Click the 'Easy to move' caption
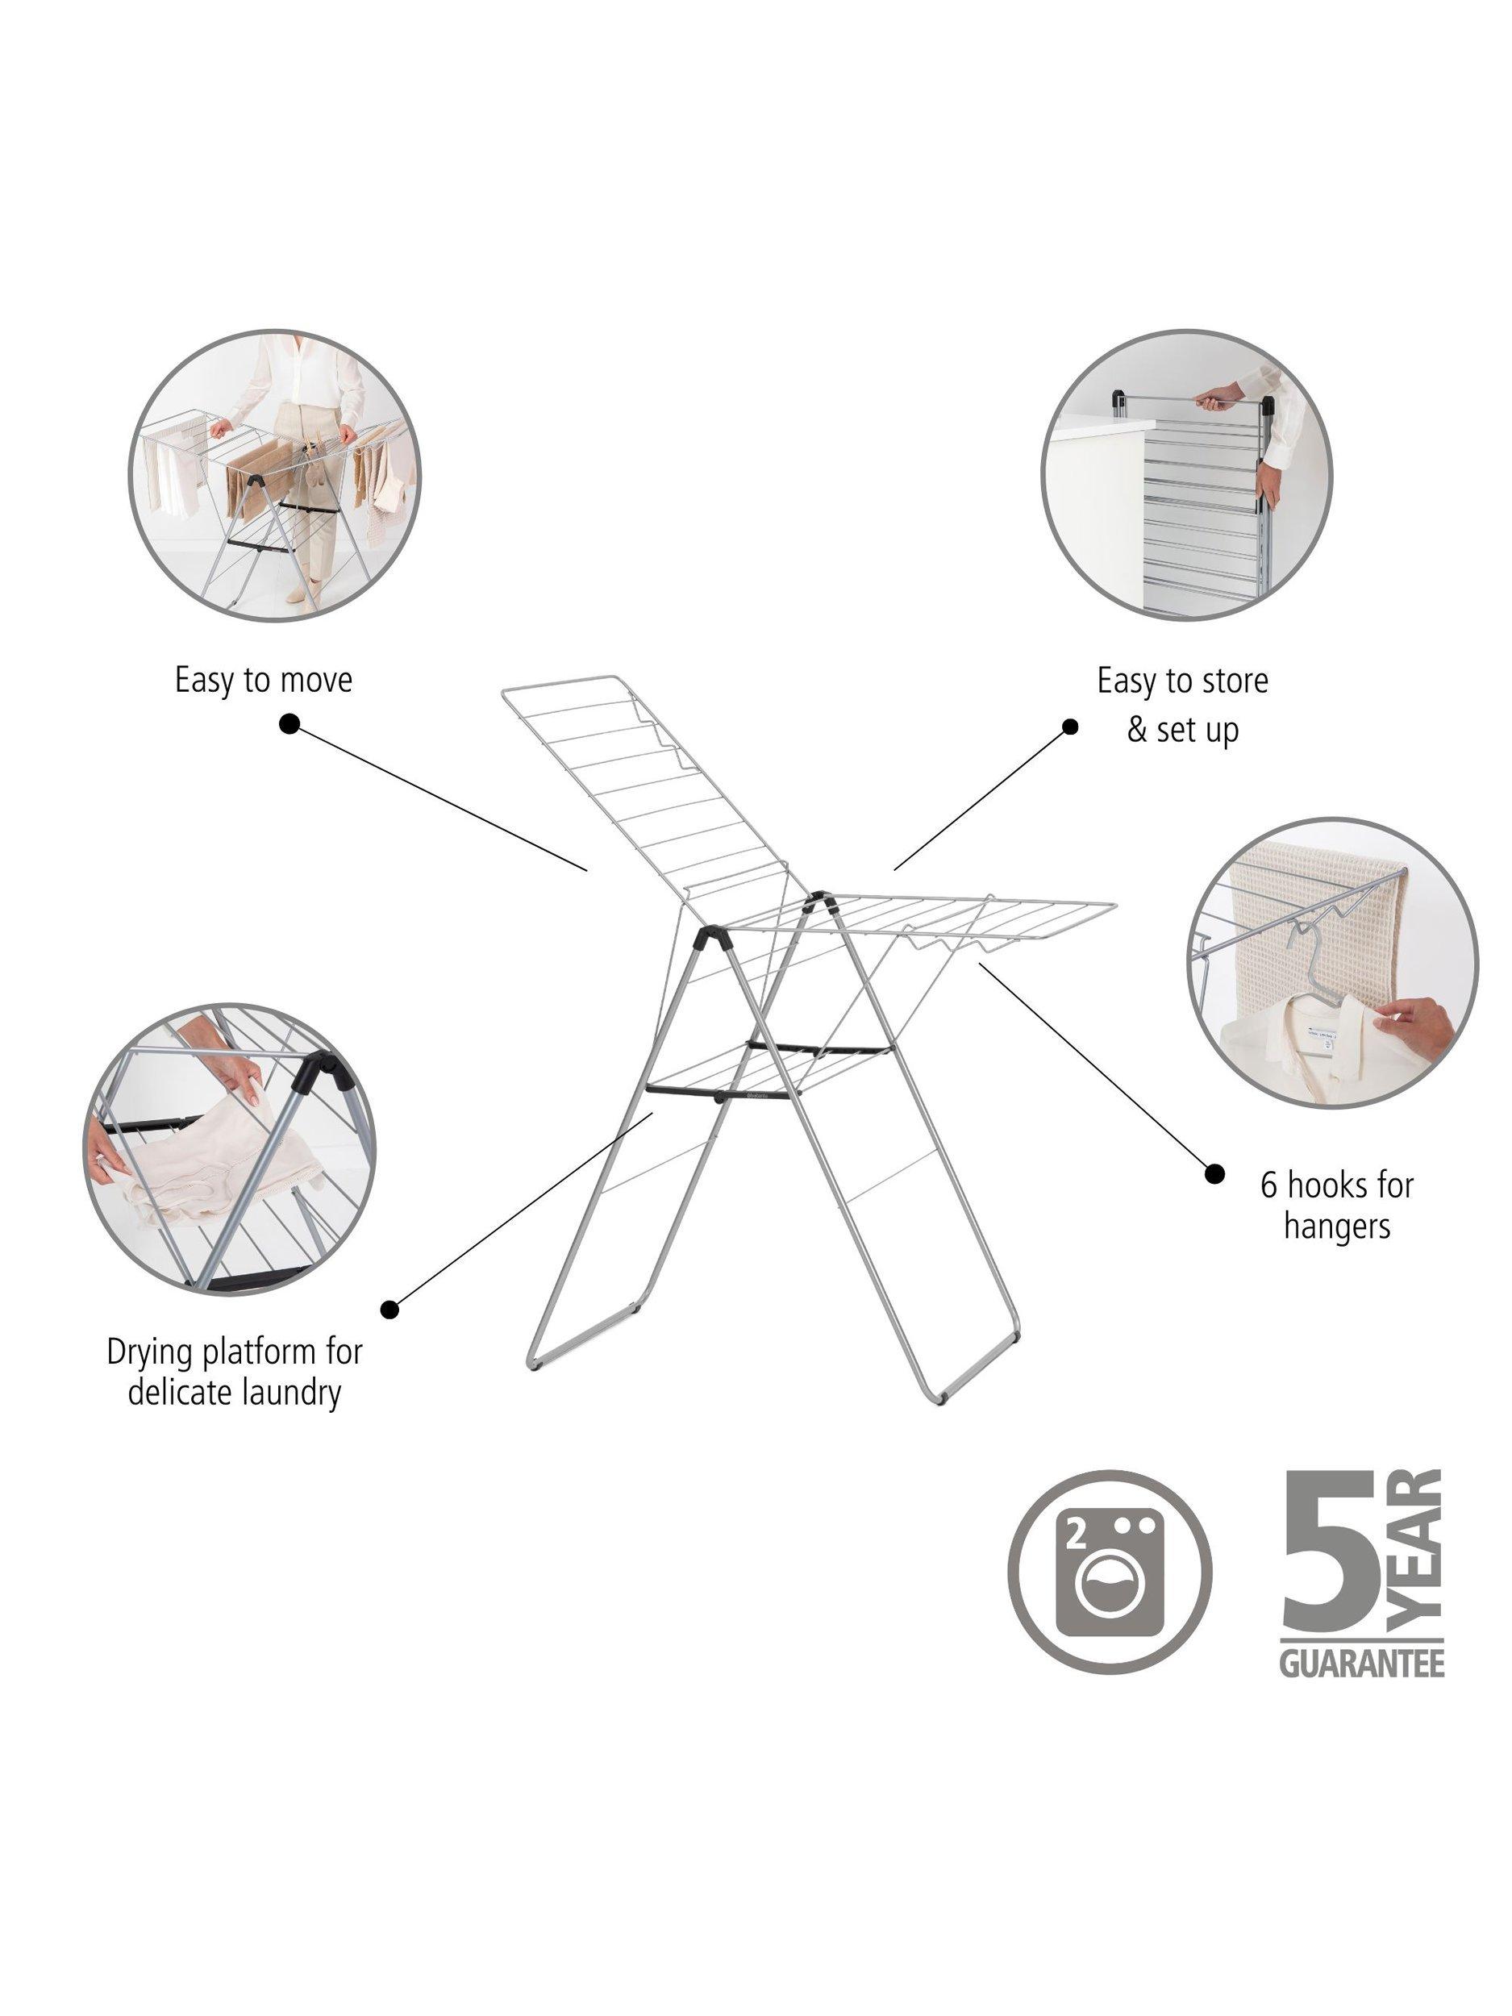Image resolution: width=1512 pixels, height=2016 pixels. coord(264,681)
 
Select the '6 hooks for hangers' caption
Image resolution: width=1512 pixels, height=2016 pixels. coord(1337,1206)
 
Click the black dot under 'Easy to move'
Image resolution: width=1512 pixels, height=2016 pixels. coord(289,723)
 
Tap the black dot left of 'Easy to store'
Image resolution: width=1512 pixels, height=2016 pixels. coord(1071,727)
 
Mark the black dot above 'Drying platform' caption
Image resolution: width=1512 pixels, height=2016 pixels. coord(390,1310)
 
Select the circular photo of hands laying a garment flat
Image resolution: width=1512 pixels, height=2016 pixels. coord(228,1149)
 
